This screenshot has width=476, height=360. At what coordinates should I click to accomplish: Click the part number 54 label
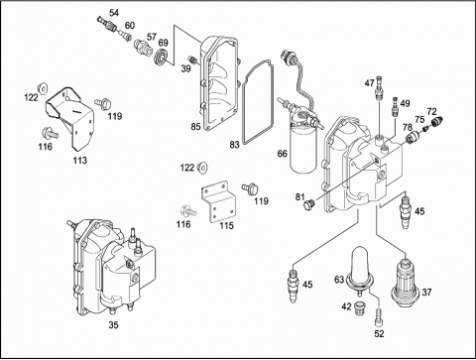[x=114, y=13]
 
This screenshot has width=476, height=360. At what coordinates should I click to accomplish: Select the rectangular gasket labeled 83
[x=244, y=109]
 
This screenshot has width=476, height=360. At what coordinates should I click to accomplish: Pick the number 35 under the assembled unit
[x=113, y=325]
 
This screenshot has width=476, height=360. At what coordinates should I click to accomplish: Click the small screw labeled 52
[x=379, y=317]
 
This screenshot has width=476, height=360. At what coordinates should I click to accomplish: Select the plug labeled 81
[x=309, y=204]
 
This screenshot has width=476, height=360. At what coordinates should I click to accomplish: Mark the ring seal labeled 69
[x=162, y=57]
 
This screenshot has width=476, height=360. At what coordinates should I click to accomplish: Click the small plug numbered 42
[x=359, y=308]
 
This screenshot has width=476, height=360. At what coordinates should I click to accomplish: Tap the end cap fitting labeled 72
[x=437, y=122]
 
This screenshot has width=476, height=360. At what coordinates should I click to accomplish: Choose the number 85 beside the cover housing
[x=195, y=126]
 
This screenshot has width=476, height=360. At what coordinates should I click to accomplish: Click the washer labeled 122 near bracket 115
[x=202, y=168]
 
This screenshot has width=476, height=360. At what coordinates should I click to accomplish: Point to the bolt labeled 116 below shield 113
[x=50, y=133]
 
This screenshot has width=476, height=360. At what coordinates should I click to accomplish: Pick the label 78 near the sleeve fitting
[x=408, y=127]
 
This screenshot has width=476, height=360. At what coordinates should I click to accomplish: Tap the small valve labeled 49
[x=394, y=106]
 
